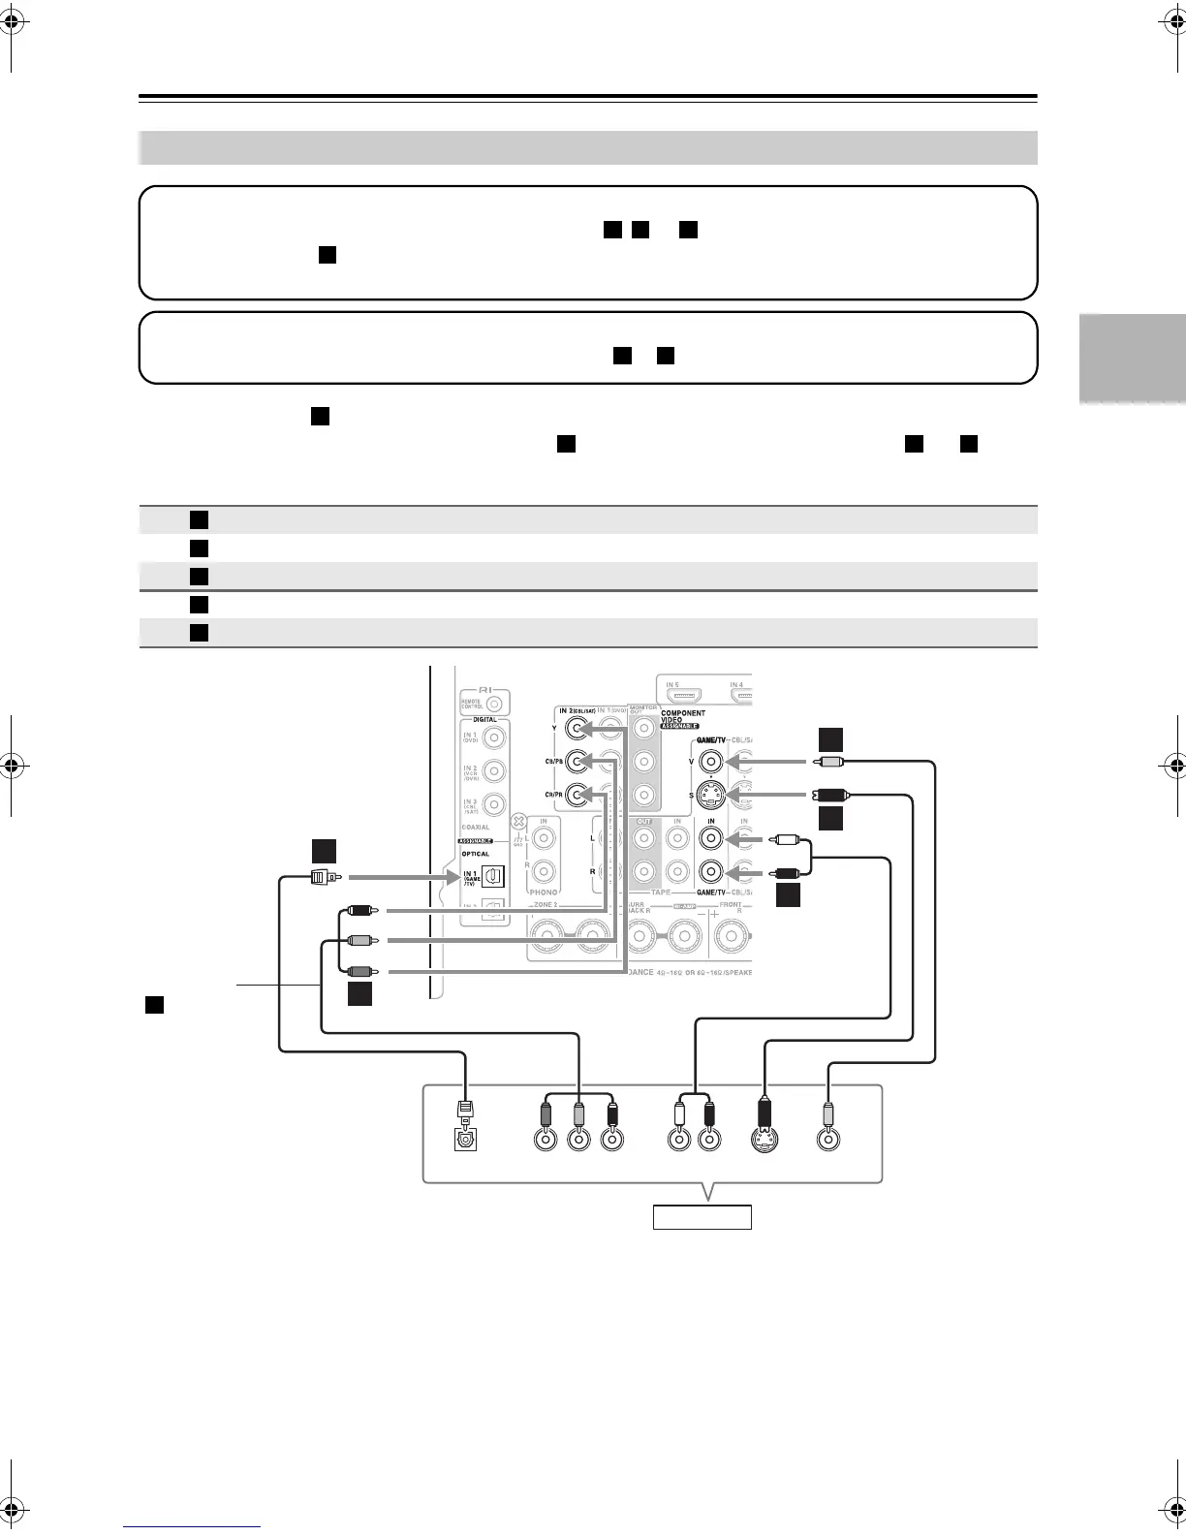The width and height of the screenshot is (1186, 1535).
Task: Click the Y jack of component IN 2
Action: point(577,727)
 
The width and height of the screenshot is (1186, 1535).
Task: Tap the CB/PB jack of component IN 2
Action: point(577,761)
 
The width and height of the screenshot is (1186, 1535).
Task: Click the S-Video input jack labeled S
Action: point(712,797)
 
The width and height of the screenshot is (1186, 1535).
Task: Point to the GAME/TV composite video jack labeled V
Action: point(712,763)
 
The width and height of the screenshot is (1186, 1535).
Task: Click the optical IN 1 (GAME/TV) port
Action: point(492,877)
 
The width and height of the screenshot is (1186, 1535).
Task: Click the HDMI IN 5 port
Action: point(689,696)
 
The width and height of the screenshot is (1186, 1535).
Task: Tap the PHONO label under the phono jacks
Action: point(544,891)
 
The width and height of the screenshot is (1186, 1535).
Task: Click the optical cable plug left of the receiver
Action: point(322,878)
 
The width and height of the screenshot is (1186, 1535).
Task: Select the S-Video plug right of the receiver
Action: point(831,796)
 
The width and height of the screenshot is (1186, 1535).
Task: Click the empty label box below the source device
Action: point(702,1216)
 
